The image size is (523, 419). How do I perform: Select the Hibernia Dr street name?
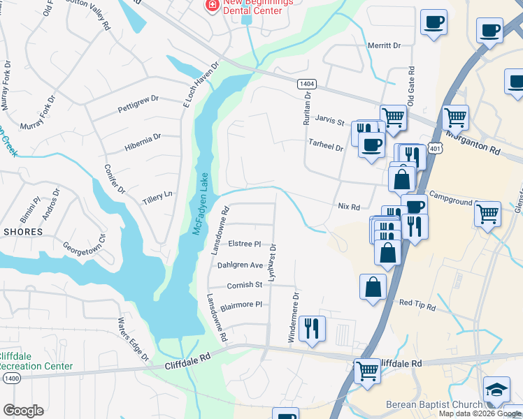point(143,137)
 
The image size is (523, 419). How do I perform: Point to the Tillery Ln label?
point(157,195)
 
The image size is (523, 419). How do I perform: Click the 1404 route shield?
point(306,84)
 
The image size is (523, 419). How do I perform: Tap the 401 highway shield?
point(436,149)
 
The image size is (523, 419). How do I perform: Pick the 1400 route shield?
point(10,377)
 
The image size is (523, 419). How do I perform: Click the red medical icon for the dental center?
point(210,6)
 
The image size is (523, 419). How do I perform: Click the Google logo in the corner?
point(23,411)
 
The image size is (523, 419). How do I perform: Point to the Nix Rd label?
point(348,207)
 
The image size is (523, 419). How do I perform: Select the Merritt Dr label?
point(384,45)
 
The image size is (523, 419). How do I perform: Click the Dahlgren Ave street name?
point(240,265)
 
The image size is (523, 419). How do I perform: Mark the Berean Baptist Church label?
point(434,405)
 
